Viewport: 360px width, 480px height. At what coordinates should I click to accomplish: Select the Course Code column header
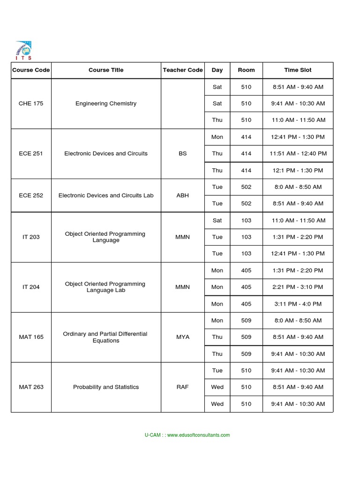click(31, 70)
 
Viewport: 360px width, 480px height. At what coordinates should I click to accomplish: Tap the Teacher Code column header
click(183, 70)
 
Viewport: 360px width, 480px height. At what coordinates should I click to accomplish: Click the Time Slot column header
click(298, 70)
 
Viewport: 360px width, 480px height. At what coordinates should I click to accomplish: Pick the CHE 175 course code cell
click(31, 103)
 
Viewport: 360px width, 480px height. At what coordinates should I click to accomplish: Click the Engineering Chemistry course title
click(106, 103)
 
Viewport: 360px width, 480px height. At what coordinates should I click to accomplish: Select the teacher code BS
click(183, 153)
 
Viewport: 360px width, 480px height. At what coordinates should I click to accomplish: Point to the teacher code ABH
click(183, 195)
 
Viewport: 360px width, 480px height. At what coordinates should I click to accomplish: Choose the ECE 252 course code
click(31, 195)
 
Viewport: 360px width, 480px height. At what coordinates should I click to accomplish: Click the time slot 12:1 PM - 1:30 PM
click(298, 170)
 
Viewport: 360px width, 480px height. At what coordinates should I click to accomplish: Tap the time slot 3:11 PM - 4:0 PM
click(298, 304)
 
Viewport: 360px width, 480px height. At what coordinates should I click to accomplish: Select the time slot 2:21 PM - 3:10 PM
click(298, 287)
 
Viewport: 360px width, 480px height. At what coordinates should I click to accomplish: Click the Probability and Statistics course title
click(106, 387)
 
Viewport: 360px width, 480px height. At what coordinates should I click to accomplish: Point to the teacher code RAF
click(183, 387)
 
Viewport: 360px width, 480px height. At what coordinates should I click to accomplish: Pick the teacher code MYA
click(183, 337)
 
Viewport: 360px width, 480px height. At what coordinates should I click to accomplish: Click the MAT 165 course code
click(31, 337)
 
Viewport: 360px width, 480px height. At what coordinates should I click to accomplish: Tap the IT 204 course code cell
click(31, 287)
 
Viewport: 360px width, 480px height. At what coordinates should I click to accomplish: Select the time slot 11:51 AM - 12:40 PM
click(298, 153)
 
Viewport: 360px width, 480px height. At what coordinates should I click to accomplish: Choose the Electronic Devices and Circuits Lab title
click(106, 195)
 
